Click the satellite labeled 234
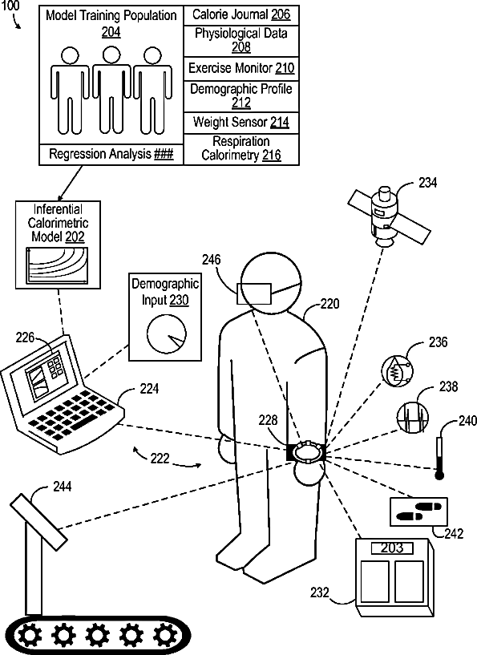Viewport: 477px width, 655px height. (x=390, y=217)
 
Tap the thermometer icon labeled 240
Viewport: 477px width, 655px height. (x=439, y=458)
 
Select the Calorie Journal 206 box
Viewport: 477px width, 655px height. (x=241, y=15)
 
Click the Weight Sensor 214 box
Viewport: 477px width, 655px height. (x=241, y=123)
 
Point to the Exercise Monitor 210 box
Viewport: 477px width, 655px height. (x=241, y=68)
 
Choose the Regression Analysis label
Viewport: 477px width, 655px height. (x=111, y=154)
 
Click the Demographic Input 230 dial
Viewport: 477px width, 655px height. (x=167, y=334)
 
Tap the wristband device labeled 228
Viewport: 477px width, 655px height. (x=306, y=452)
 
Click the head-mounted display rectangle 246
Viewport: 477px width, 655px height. (x=254, y=293)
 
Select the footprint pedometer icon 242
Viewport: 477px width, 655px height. (x=418, y=511)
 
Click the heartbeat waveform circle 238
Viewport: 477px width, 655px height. (x=412, y=416)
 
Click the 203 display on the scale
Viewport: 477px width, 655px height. (x=392, y=548)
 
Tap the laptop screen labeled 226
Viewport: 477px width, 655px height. (x=41, y=374)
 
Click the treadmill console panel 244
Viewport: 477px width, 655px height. (x=38, y=522)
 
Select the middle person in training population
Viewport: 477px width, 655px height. (x=111, y=91)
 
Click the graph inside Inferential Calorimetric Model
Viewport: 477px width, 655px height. (x=57, y=266)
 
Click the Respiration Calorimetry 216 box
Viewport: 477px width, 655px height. (x=241, y=149)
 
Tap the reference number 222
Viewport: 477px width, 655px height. (x=160, y=459)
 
